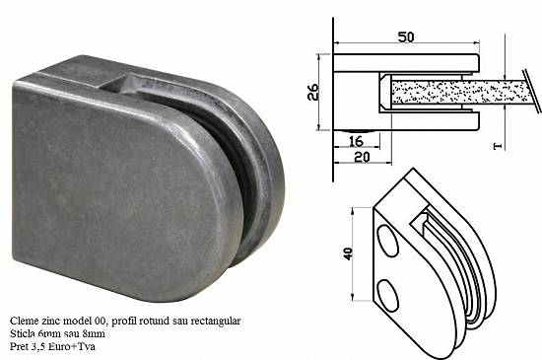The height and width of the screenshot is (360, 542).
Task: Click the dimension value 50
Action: coord(406,36)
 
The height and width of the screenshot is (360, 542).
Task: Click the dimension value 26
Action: coord(313,92)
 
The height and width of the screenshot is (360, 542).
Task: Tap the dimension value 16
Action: coord(356,141)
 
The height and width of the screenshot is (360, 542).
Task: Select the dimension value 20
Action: coord(362,158)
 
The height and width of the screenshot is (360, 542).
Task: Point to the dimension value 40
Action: coord(348,253)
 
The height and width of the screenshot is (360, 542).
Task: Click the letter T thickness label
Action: coord(498,146)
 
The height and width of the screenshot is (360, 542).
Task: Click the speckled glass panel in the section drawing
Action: coord(460,92)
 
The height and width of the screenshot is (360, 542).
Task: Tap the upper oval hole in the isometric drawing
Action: coord(387,241)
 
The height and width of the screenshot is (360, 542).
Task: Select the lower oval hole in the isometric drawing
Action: coord(388,295)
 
